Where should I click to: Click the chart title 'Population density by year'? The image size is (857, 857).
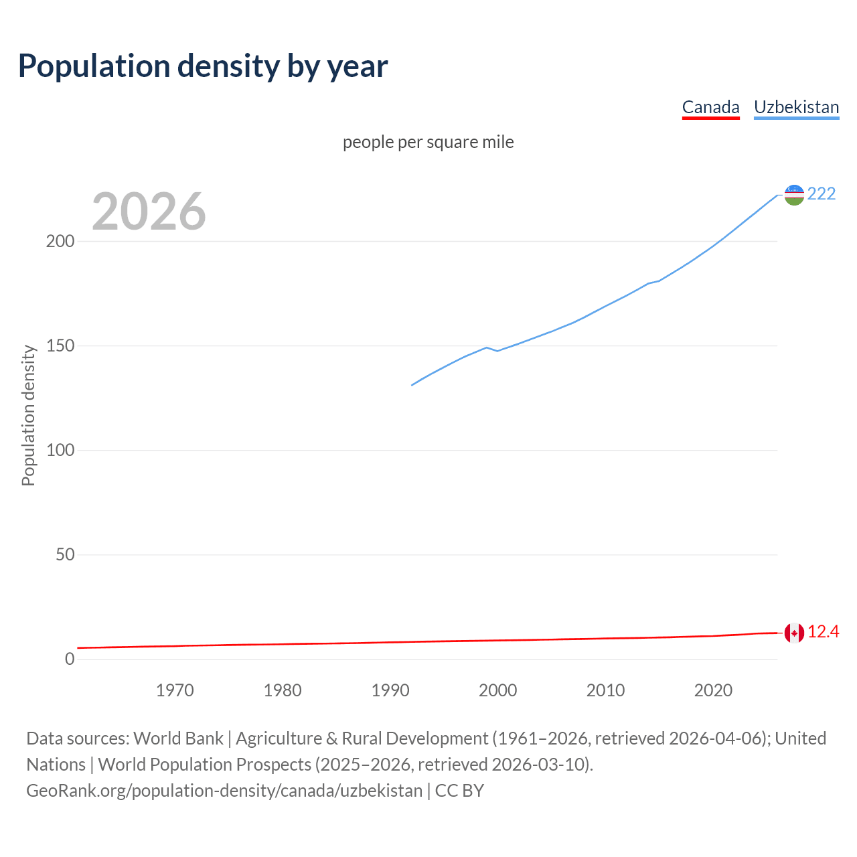(203, 66)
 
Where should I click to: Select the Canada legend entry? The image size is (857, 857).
(710, 107)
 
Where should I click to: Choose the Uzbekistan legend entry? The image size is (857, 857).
(796, 107)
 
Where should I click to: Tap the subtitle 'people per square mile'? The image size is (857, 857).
(428, 143)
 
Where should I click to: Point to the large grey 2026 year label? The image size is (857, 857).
(149, 212)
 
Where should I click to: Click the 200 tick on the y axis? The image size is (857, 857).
(60, 242)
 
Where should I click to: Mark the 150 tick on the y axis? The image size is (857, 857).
(60, 346)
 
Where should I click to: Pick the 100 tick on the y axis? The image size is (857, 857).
(60, 451)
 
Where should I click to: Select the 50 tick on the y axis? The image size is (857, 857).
(65, 555)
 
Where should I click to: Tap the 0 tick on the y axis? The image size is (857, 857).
(70, 659)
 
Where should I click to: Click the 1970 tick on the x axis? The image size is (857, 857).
(175, 690)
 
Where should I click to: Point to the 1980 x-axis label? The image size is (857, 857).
(283, 690)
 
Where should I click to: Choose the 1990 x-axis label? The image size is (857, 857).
(390, 690)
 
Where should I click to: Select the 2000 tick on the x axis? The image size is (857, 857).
(498, 690)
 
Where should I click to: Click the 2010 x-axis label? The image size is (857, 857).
(605, 690)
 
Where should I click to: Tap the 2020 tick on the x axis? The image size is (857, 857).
(713, 690)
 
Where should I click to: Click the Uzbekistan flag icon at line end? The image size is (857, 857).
(794, 195)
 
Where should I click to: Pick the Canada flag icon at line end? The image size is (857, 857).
(794, 633)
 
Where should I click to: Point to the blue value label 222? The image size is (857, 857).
(822, 194)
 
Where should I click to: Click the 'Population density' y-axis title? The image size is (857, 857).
(28, 415)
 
